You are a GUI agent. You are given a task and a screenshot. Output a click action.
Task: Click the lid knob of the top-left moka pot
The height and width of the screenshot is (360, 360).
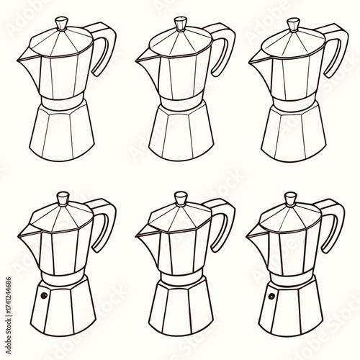(63, 24)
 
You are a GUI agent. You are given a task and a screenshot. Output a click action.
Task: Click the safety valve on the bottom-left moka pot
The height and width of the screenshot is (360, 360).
(42, 296)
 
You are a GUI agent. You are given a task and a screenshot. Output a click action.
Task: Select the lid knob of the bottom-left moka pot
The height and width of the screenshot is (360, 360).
(63, 197)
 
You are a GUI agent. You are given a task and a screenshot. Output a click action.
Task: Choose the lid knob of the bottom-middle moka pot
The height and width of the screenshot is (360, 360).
(178, 197)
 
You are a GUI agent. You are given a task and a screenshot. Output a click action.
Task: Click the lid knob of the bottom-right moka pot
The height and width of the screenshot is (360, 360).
(292, 197)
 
